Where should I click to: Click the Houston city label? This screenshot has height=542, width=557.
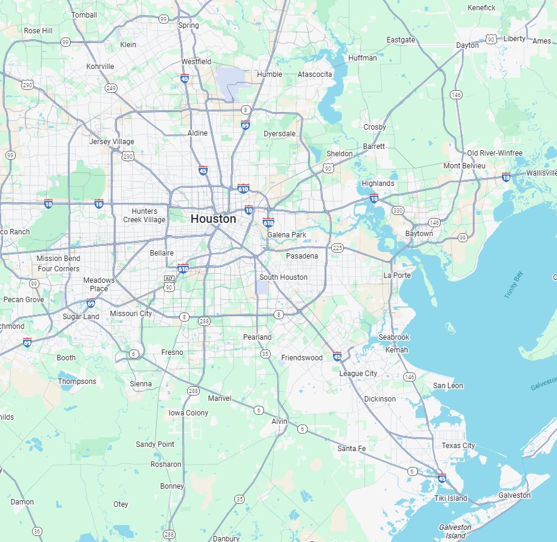[x=213, y=219]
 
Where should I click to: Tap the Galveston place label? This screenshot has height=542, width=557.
[x=514, y=495]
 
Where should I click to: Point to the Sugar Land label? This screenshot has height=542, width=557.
[x=81, y=317]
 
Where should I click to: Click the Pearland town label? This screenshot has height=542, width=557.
[x=257, y=337]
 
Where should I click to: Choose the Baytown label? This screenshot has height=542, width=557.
[x=419, y=234]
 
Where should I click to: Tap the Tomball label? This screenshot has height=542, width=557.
[x=84, y=15]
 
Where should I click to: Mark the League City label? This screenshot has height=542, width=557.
[x=358, y=374]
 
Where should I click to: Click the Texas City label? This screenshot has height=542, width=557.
[x=458, y=446]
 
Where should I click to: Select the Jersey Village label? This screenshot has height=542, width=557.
[x=112, y=142]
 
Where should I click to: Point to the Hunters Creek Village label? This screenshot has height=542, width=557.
[x=144, y=216]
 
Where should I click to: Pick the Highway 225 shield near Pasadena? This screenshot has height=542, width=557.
[x=337, y=248]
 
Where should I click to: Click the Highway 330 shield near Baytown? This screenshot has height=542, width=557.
[x=398, y=210]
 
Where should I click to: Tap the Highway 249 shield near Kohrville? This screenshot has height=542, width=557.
[x=111, y=88]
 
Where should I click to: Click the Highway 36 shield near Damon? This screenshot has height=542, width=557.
[x=37, y=532]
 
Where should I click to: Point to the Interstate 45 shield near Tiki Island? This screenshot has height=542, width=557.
[x=442, y=478]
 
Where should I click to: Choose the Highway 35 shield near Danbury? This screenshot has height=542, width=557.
[x=240, y=500]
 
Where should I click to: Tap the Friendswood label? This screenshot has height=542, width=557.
[x=302, y=358]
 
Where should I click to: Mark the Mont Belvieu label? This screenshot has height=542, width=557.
[x=464, y=166]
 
